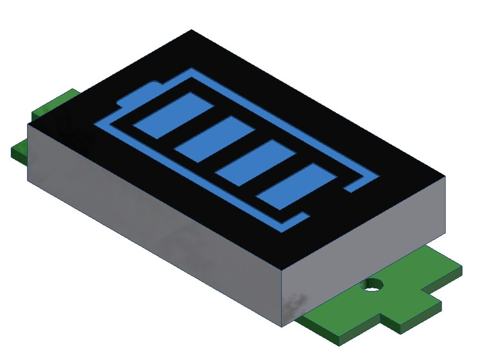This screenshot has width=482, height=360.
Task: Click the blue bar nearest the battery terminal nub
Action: (173, 116)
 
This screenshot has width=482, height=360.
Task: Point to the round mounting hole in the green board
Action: (371, 284)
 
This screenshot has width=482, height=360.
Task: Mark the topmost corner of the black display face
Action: (191, 30)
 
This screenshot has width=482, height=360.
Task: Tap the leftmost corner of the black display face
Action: (28, 125)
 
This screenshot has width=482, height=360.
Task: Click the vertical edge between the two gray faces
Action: (281, 298)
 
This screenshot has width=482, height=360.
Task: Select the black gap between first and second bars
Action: (194, 128)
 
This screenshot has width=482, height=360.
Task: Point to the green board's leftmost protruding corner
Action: (12, 151)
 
